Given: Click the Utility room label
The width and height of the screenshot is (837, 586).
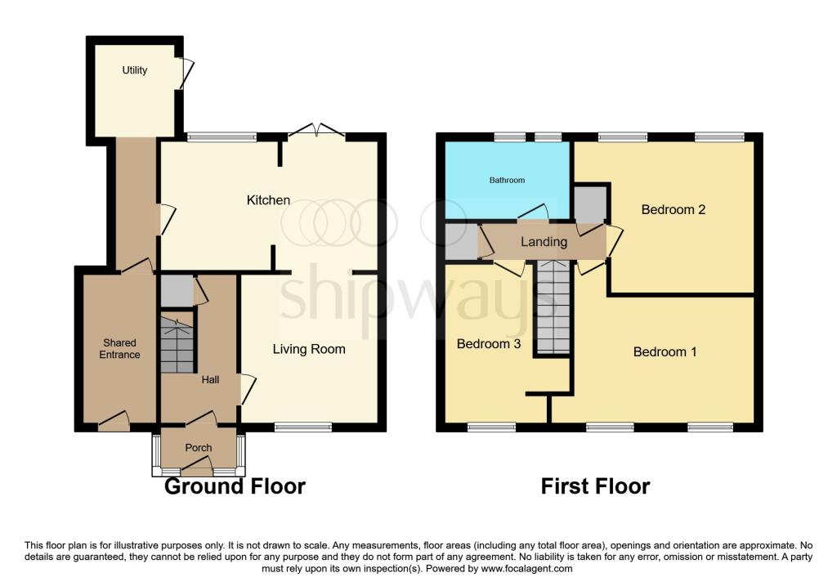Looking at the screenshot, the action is pos(135,70).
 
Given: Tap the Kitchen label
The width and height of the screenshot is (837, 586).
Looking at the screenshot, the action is pos(268,200).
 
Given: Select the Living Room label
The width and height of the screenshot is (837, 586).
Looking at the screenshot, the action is pos(309,349).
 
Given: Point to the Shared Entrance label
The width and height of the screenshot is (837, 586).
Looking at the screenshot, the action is pos(119,348).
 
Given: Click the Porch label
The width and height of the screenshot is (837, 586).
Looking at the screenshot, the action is pos(199,448).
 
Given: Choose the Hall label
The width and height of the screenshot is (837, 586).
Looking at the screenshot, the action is pos(210,379).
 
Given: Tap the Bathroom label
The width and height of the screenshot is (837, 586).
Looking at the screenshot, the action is pos(507,181).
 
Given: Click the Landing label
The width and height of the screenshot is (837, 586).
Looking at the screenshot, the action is pos(544,242).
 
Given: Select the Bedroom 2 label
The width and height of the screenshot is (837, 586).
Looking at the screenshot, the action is pos(674,210).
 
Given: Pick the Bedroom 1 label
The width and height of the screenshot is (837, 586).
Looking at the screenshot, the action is pos(665,351).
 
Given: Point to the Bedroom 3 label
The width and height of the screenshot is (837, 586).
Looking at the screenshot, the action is pos(489,344).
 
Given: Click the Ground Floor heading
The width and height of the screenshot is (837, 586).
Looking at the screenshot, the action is pos(235,486).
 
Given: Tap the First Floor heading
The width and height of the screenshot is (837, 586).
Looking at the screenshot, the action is pos(596,486).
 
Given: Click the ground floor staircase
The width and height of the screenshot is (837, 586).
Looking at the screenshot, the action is pos(177,343).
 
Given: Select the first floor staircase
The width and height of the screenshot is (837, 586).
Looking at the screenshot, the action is pos(553,306).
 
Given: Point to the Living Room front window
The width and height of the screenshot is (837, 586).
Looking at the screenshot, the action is pos(304,427).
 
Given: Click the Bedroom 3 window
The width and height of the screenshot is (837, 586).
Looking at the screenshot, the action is pos(491,427).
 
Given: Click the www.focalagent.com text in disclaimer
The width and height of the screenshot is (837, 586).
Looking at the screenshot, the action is pos(527,569).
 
